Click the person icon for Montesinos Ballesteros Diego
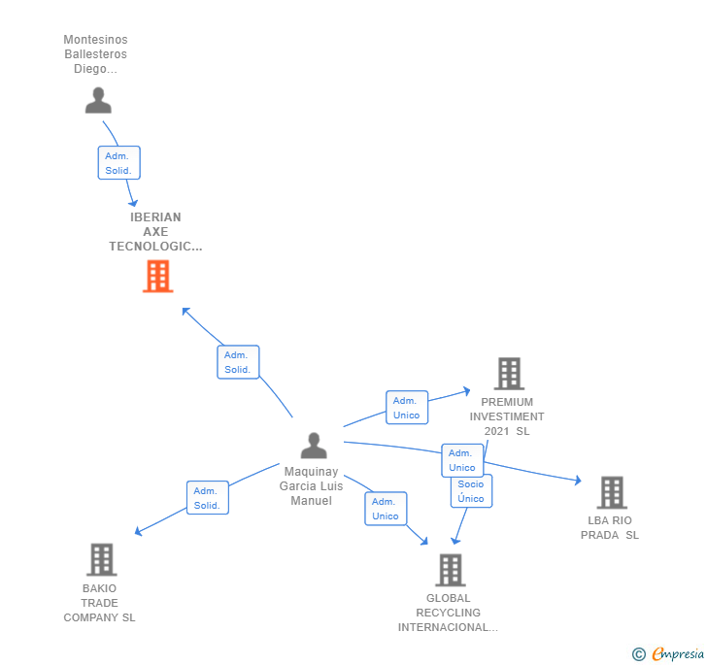click(x=98, y=100)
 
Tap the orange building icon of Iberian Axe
click(x=157, y=277)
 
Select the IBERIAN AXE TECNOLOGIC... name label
click(x=155, y=232)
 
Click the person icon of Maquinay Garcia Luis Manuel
click(x=314, y=446)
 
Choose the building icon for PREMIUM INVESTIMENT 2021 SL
click(x=509, y=374)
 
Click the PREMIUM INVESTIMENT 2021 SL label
click(x=507, y=416)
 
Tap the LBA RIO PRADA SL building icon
click(x=611, y=492)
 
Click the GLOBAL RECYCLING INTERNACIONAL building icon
click(x=450, y=570)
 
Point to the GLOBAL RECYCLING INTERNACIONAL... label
click(x=448, y=613)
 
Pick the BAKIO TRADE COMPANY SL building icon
click(x=101, y=559)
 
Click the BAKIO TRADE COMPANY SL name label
click(x=99, y=603)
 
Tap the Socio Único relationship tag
click(x=471, y=491)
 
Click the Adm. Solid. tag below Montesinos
click(x=118, y=163)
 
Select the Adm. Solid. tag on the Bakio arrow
click(x=207, y=498)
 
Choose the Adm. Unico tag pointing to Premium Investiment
click(x=407, y=408)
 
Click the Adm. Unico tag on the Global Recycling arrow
click(x=386, y=509)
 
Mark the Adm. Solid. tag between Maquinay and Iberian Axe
click(x=238, y=362)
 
